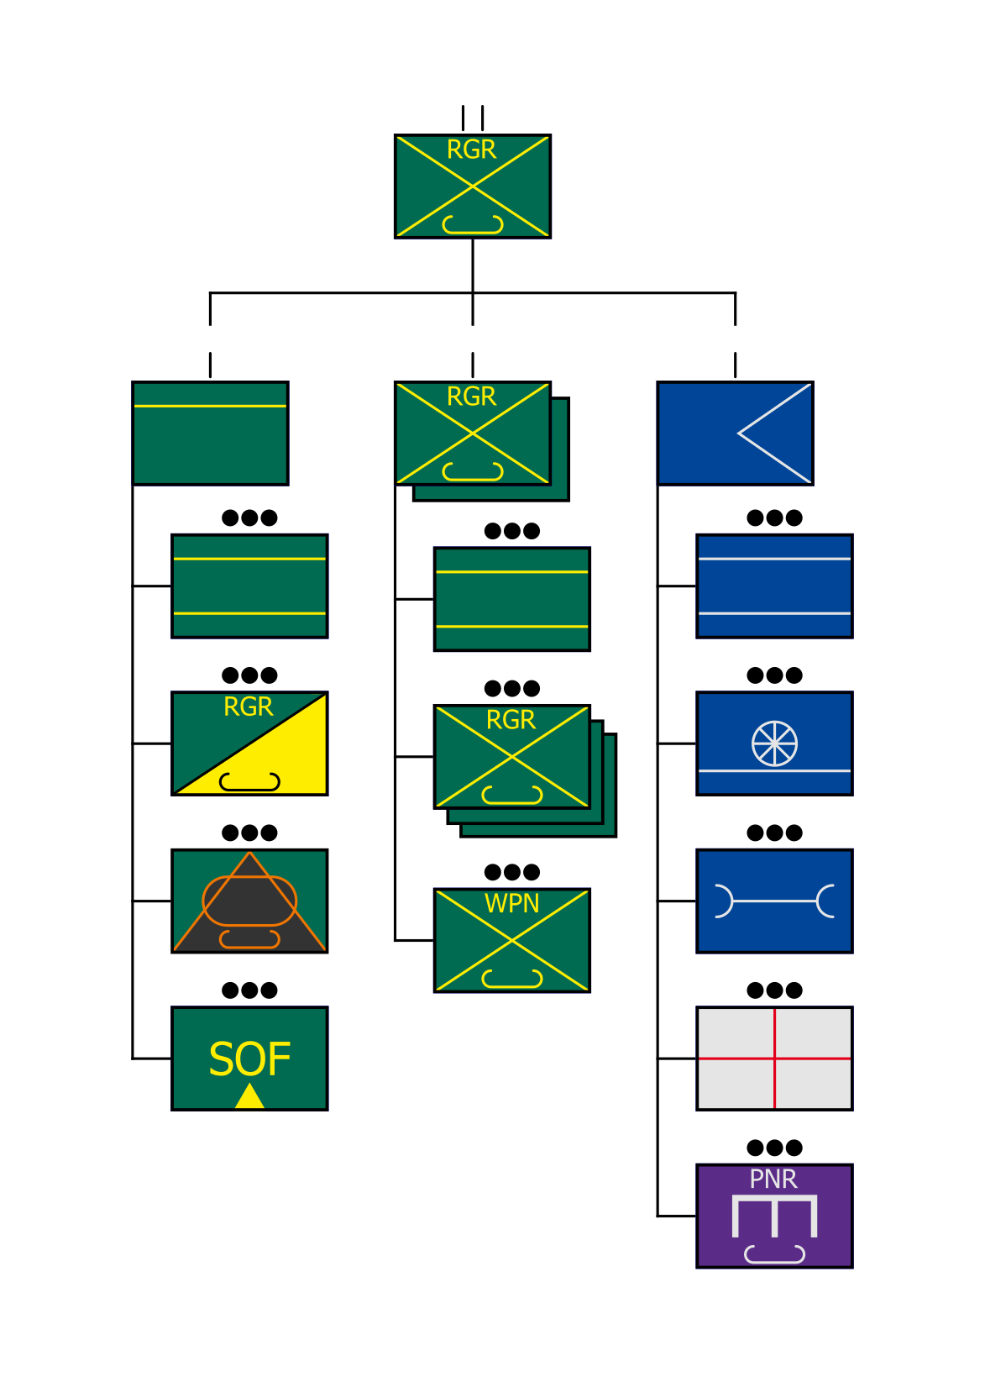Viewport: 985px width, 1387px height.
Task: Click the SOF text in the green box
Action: [x=249, y=1059]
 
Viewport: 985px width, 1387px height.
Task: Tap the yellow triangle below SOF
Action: [x=249, y=1097]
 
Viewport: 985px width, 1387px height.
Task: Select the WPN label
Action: [x=511, y=904]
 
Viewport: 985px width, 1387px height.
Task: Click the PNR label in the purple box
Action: [x=773, y=1179]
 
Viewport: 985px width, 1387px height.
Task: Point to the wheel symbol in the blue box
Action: [x=774, y=743]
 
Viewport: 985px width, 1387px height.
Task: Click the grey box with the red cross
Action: [x=774, y=1059]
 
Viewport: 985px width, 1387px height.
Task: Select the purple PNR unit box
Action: [x=774, y=1216]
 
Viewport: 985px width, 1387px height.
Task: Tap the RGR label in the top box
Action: [x=471, y=150]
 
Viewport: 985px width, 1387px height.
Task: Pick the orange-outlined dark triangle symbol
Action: [x=249, y=901]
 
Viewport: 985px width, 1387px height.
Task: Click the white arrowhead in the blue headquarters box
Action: [x=773, y=433]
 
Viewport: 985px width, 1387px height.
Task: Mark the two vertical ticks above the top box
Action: [x=472, y=118]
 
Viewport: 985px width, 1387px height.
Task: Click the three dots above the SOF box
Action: [x=249, y=990]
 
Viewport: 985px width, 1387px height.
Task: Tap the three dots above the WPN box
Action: [x=511, y=872]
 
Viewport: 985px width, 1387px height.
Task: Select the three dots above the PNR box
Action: [x=774, y=1148]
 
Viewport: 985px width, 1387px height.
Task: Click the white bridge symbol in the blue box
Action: [x=774, y=901]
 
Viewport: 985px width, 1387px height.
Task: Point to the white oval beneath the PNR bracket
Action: [x=774, y=1254]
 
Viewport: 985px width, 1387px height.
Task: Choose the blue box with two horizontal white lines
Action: [x=774, y=586]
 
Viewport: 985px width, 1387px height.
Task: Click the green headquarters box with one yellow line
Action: [x=210, y=433]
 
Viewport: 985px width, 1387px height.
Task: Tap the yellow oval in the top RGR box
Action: [x=473, y=224]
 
